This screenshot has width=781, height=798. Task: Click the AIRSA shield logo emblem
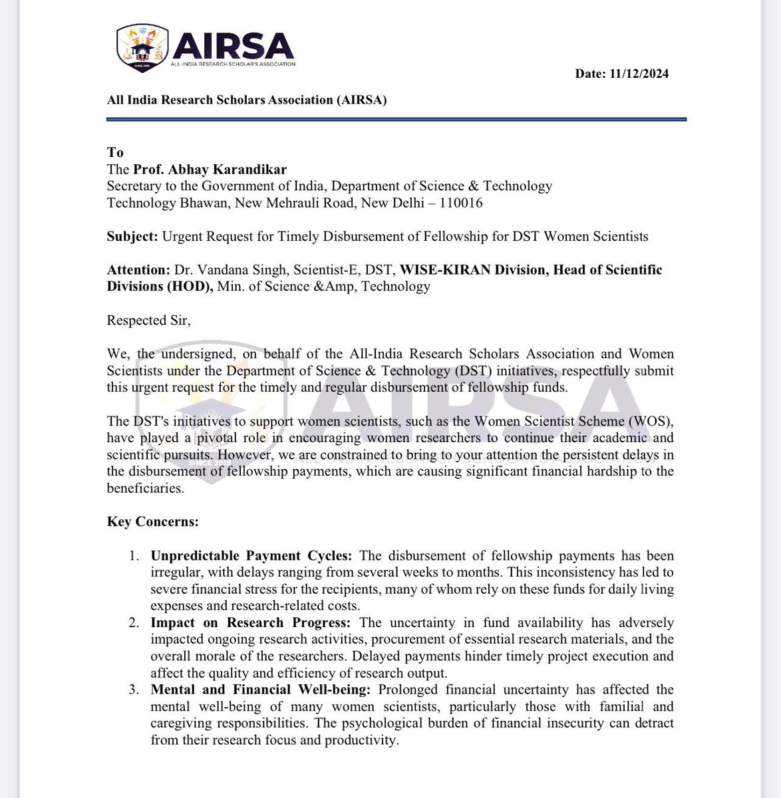(x=142, y=48)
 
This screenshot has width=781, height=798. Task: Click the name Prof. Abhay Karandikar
(x=210, y=169)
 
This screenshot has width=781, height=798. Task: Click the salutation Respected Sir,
(x=148, y=320)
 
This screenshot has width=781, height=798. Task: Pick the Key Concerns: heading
(x=152, y=521)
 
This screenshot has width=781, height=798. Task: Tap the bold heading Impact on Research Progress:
(x=250, y=622)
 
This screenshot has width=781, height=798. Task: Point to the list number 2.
(x=134, y=622)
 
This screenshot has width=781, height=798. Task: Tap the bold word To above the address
(x=115, y=152)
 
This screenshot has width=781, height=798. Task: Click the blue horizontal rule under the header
(x=396, y=120)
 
